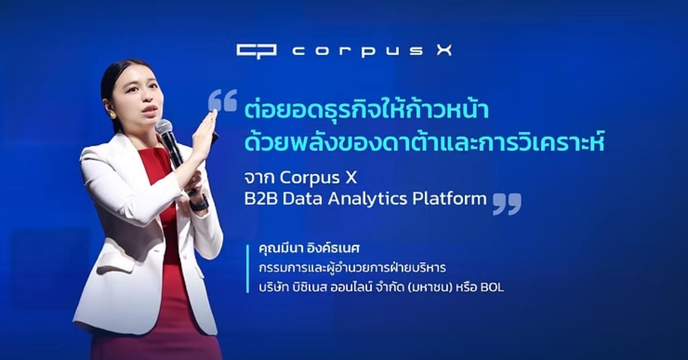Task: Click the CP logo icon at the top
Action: click(x=257, y=50)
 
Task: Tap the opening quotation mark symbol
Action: click(x=222, y=100)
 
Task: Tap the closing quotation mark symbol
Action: click(x=507, y=204)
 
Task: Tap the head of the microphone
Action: click(x=163, y=127)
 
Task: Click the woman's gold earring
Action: click(x=113, y=115)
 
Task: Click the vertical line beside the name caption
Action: click(x=248, y=269)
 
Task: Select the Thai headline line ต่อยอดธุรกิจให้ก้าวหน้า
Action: click(x=365, y=111)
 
